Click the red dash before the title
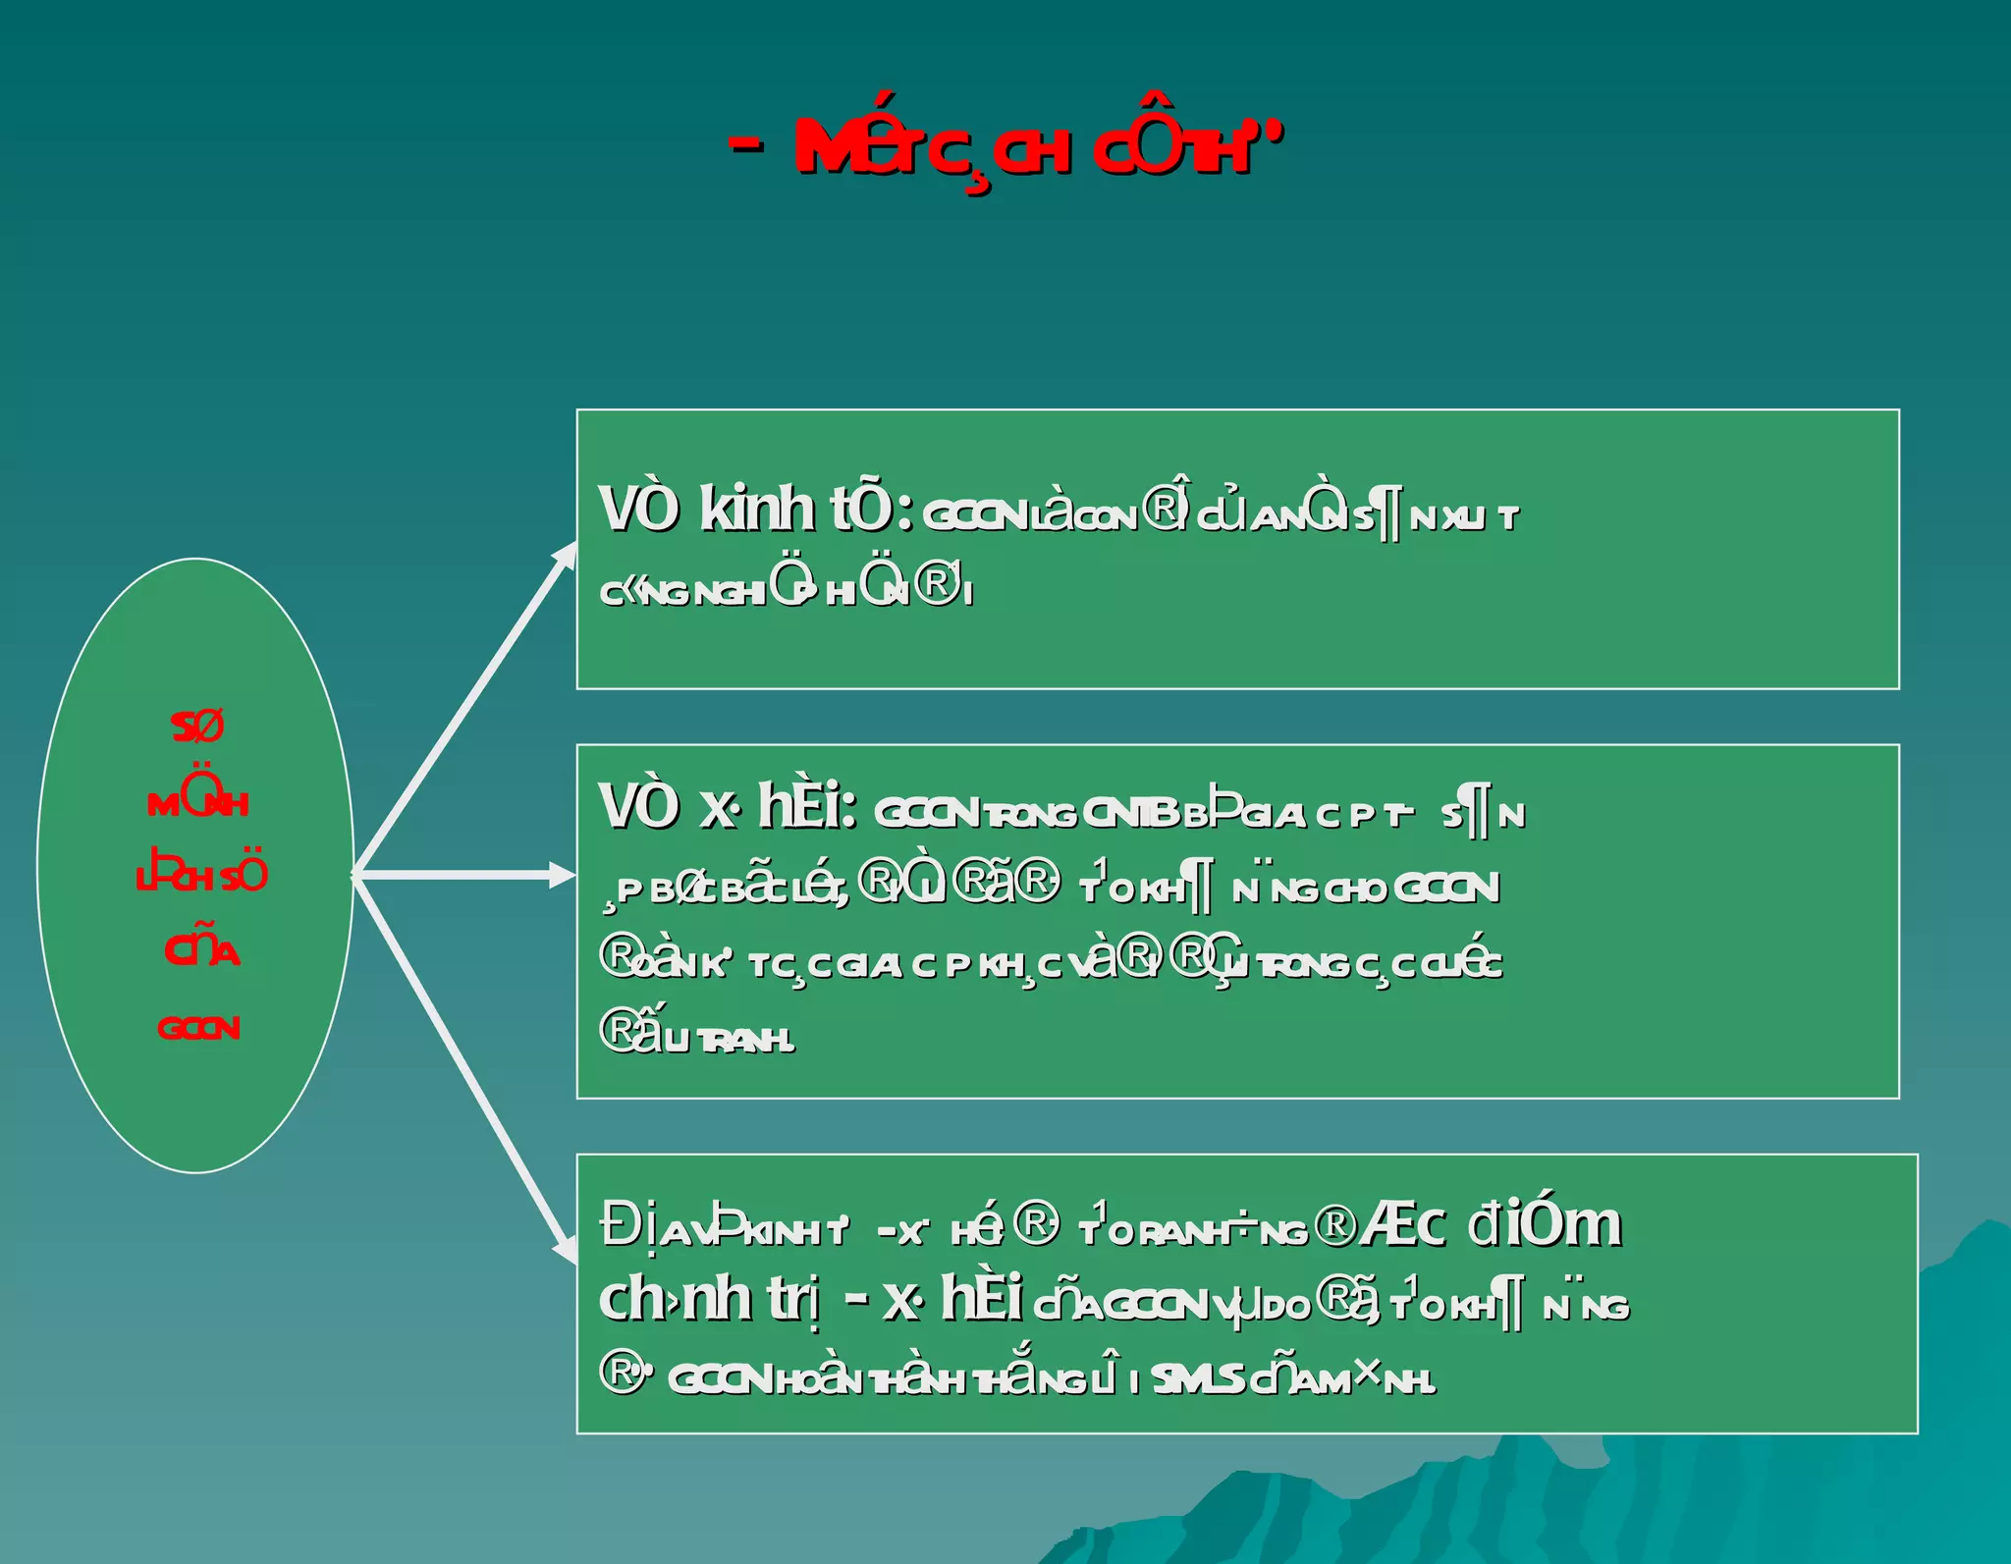(746, 145)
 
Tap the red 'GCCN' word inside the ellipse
(198, 1028)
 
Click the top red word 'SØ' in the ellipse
(197, 728)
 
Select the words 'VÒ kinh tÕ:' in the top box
(756, 510)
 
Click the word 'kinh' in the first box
(756, 510)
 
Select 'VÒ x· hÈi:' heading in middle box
(728, 808)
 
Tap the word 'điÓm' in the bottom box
(1544, 1225)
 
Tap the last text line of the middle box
(697, 1035)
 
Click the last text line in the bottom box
(1016, 1377)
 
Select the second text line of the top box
(786, 589)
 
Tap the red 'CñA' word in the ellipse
(201, 949)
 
